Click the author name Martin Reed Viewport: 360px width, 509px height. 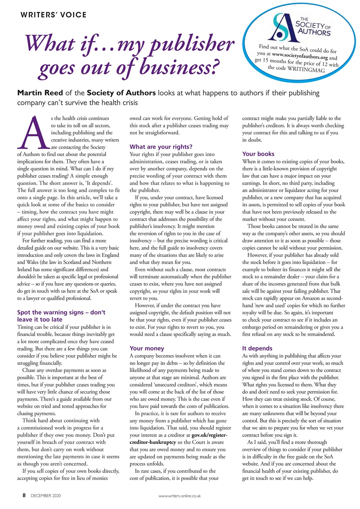point(37,93)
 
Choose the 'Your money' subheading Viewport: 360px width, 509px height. point(147,348)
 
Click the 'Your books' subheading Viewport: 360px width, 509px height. point(258,153)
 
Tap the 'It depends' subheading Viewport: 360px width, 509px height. point(257,348)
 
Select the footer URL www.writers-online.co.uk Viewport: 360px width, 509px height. point(180,496)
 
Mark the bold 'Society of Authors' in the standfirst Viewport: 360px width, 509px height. point(122,93)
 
